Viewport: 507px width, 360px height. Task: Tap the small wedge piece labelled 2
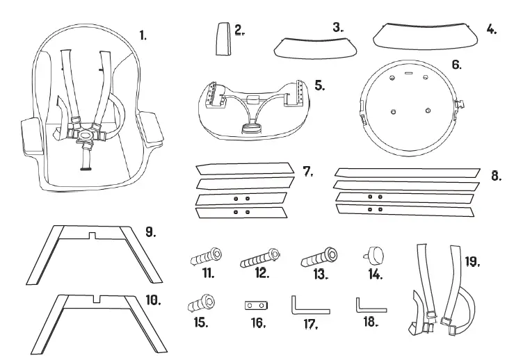(x=222, y=39)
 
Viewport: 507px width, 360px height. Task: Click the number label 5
(x=320, y=85)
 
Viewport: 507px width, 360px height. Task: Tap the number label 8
(x=496, y=176)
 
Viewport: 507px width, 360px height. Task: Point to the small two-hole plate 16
(x=255, y=306)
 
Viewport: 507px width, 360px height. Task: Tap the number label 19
(x=472, y=262)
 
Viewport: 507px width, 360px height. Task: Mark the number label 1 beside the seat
(x=143, y=34)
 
